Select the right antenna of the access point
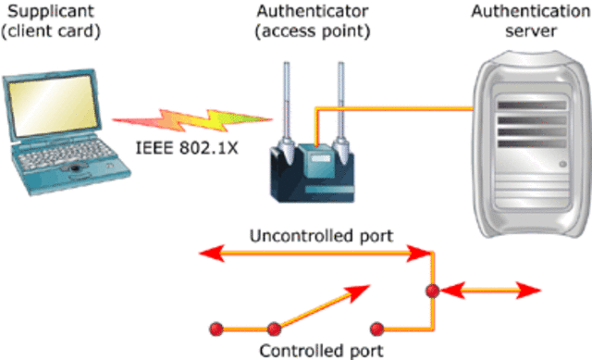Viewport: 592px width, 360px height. coord(342,102)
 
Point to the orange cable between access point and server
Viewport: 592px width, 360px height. coord(398,109)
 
